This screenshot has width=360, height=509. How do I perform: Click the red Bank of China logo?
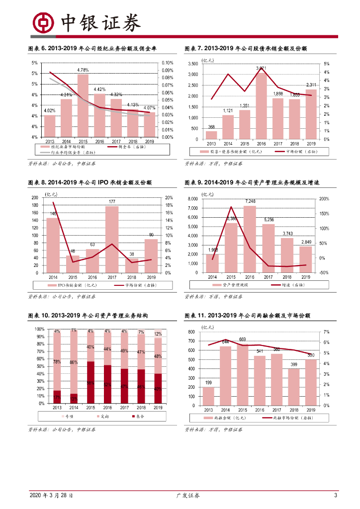coord(43,22)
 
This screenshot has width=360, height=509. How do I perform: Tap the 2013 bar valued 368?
coord(211,135)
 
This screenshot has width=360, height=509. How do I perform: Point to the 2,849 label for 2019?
coord(306,242)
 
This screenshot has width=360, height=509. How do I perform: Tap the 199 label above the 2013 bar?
coord(209,383)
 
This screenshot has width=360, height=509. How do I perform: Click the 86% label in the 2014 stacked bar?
coord(74,362)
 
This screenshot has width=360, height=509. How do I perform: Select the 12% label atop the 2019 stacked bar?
coord(158,334)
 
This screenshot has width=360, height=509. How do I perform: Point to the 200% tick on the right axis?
coord(323,199)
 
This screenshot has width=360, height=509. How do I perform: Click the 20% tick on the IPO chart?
coord(168,198)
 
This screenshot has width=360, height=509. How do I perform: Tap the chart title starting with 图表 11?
coord(247,316)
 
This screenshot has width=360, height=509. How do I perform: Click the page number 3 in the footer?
coord(336,496)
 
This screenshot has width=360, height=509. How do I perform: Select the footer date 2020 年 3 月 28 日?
coord(52,496)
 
